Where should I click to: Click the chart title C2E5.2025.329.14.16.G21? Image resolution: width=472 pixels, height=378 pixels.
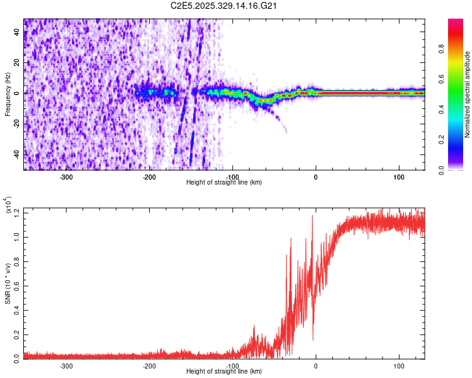(224, 6)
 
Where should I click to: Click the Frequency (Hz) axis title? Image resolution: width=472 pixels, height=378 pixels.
(8, 94)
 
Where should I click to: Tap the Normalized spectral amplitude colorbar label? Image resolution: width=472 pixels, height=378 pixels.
(467, 94)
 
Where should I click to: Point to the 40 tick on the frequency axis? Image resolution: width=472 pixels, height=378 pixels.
(17, 33)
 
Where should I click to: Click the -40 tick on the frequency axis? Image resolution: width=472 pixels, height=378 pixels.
(16, 154)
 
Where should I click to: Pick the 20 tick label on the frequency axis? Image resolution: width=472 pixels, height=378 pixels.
(17, 63)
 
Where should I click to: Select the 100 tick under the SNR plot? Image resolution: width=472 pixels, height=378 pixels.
(398, 365)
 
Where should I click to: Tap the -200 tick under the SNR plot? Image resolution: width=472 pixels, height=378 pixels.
(149, 365)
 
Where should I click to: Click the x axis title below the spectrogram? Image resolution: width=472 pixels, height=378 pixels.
(224, 183)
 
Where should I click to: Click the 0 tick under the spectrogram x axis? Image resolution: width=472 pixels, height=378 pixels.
(316, 176)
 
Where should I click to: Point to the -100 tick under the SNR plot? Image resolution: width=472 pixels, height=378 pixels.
(232, 365)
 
